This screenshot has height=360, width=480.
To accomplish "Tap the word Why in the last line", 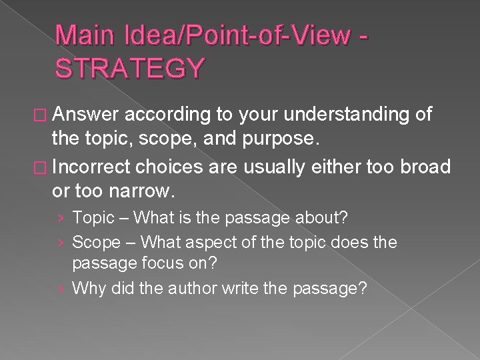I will [87, 288].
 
